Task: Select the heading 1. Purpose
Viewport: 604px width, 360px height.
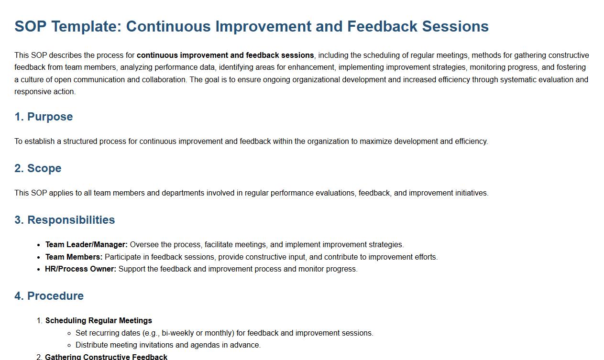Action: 44,117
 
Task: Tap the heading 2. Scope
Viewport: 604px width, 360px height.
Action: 38,168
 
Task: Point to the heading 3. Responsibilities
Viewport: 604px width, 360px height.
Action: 65,220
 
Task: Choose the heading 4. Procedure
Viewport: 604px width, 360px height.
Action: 49,296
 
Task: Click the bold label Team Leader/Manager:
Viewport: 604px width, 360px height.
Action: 87,245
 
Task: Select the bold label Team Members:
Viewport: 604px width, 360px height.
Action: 74,257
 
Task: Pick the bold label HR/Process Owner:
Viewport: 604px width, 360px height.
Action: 81,269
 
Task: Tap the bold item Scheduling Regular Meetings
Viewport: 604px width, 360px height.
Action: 99,321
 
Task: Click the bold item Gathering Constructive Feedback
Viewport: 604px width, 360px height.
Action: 106,357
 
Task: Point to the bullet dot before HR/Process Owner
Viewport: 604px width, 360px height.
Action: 39,269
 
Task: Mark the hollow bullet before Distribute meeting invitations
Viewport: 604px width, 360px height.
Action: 69,346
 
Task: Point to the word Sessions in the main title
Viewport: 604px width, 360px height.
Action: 455,27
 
